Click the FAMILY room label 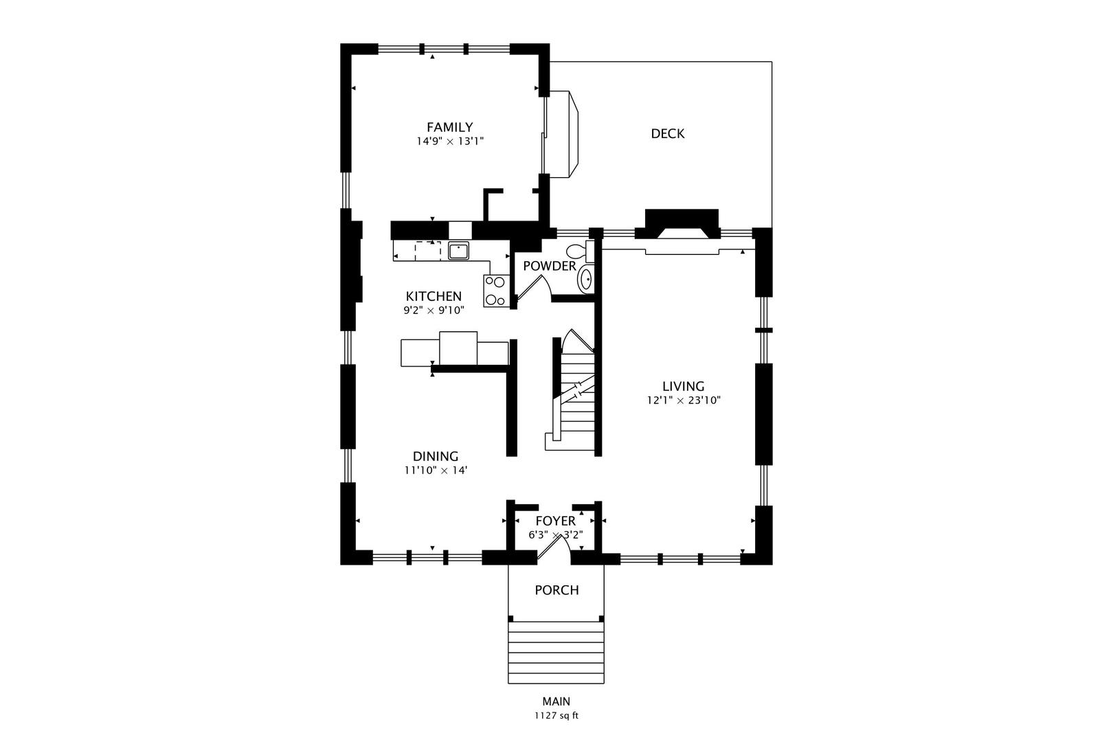coord(450,127)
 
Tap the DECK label coord(668,134)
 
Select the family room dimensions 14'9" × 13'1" coord(450,141)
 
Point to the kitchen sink coord(459,251)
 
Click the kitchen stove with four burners coord(495,291)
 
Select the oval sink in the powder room coord(585,280)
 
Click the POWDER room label coord(550,266)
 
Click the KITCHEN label coord(434,297)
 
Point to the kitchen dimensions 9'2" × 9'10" coord(434,311)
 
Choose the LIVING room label coord(683,386)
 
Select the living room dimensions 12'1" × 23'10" coord(683,400)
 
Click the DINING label coord(436,456)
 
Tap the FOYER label coord(556,521)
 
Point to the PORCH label coord(557,590)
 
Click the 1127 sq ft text coord(556,716)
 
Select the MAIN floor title coord(556,701)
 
